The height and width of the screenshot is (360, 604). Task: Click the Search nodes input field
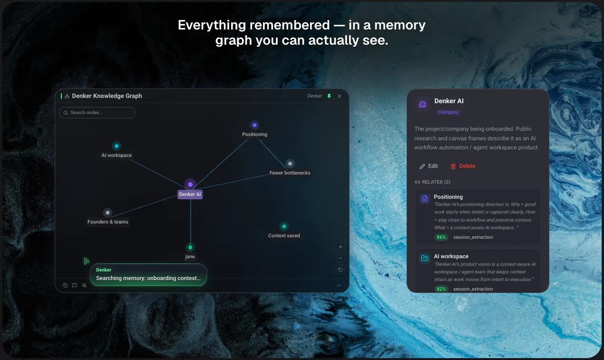coord(97,113)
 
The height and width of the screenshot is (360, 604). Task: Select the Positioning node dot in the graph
coord(254,125)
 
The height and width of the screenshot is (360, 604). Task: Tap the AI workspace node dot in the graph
coord(117,146)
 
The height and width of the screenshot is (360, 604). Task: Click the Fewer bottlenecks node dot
coord(290,164)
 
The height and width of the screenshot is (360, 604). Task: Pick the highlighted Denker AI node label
coord(190,194)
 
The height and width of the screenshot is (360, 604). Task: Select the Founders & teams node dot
coord(107,213)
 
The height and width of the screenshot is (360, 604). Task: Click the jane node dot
coord(190,247)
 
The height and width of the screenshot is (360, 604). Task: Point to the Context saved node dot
coord(284,226)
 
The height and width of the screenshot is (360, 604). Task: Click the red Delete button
coord(463,166)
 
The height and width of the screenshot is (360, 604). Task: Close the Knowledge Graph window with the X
coord(340,96)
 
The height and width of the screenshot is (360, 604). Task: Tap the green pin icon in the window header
coord(329,96)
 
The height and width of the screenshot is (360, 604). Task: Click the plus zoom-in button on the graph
coord(341,247)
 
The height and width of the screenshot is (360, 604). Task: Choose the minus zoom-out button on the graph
coord(341,258)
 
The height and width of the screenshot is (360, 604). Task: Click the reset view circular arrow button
coord(341,270)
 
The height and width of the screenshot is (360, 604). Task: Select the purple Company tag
coord(448,112)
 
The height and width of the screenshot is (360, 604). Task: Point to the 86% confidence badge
coord(441,237)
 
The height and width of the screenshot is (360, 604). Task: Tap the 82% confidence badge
coord(441,289)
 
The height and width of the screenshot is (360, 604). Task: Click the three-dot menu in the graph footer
coord(339,285)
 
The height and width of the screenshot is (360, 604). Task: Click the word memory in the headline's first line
coord(400,25)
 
